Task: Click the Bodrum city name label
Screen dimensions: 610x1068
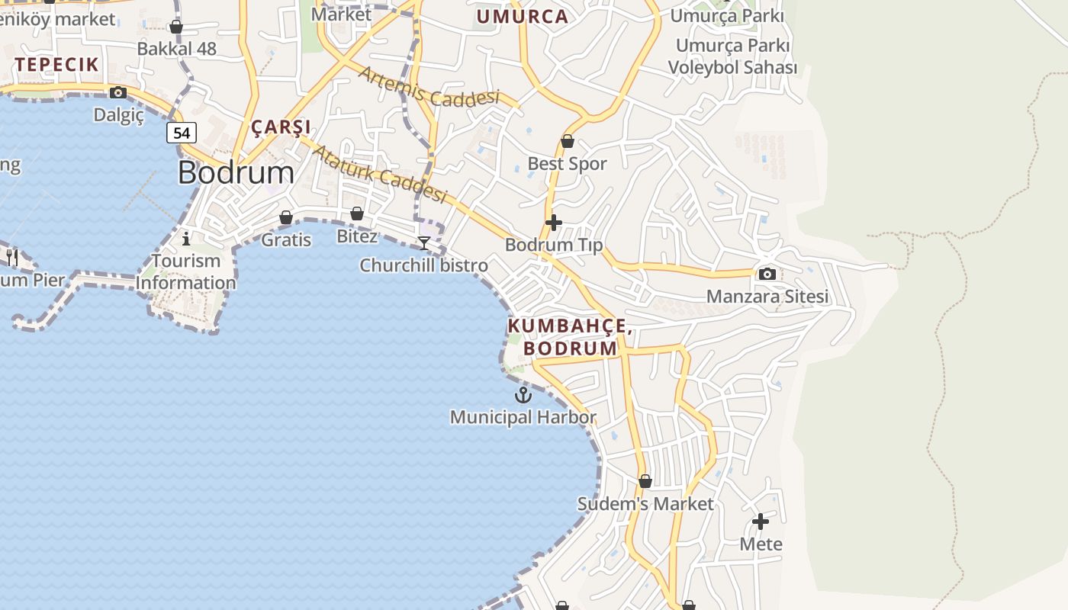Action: tap(236, 173)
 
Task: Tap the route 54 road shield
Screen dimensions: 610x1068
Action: tap(182, 133)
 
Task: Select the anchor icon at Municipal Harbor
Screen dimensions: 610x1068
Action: tap(523, 395)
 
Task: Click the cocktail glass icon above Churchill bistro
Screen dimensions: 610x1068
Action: tap(424, 242)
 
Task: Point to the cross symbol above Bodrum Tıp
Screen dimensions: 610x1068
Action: tap(554, 223)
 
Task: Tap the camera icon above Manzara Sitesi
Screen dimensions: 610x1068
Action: tap(767, 274)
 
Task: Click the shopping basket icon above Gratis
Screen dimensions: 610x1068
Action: tap(286, 218)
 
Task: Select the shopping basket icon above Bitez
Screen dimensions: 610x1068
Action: tap(357, 213)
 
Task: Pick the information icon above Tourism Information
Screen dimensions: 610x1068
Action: tap(186, 239)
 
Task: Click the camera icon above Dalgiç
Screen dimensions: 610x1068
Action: tap(118, 93)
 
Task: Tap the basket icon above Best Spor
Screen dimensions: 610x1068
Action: tap(568, 141)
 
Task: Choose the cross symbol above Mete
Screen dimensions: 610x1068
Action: tap(761, 522)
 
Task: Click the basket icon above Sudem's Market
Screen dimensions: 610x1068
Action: tap(645, 481)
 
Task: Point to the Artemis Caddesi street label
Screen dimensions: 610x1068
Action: tap(429, 87)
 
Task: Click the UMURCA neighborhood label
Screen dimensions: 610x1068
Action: tap(523, 17)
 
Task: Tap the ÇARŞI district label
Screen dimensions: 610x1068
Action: tap(281, 127)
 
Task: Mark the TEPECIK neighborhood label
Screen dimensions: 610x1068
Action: tap(56, 65)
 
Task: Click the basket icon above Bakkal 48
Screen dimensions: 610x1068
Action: tap(176, 27)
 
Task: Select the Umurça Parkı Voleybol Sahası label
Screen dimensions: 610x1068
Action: tap(732, 56)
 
